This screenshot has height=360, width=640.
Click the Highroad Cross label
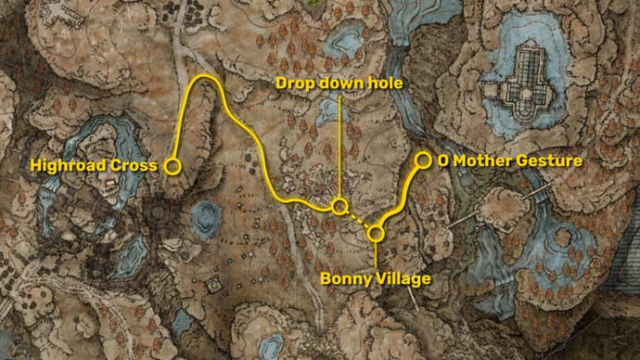[x=93, y=166]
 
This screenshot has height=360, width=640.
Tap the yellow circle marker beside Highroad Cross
[x=173, y=166]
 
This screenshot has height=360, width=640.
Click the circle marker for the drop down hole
[x=340, y=206]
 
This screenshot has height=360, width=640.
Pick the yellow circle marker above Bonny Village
[x=376, y=233]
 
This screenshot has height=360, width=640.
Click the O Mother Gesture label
[x=510, y=161]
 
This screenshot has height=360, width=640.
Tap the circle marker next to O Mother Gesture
[x=423, y=161]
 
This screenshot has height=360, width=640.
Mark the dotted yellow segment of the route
[x=358, y=220]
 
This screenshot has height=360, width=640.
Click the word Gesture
[x=550, y=161]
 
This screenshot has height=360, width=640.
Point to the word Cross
[x=135, y=166]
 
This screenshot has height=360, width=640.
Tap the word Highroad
[x=70, y=166]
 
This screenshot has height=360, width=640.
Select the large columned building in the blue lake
[x=523, y=88]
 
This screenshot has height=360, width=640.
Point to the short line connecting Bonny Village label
[x=376, y=255]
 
